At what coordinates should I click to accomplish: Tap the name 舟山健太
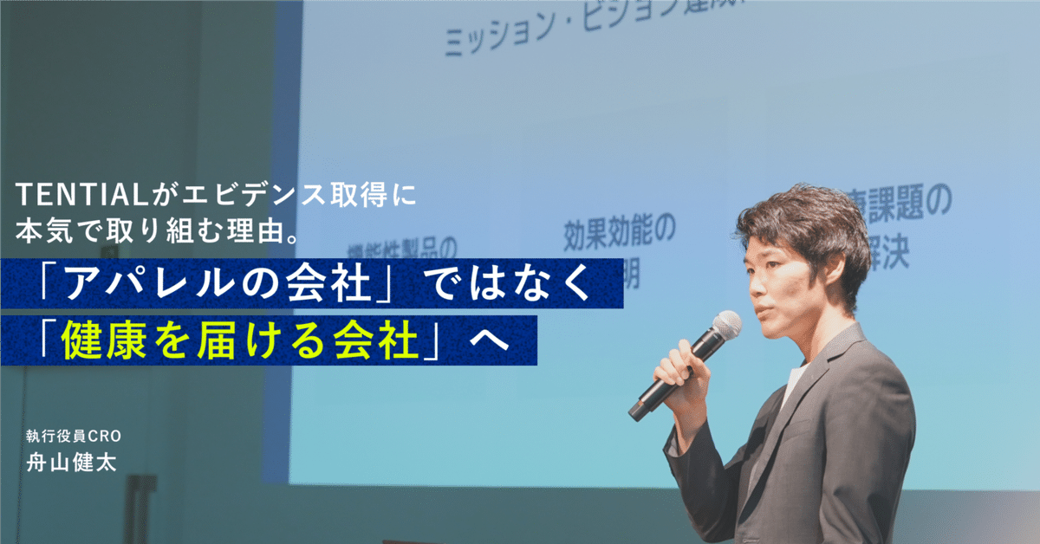(71, 461)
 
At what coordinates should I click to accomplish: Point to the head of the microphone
(725, 327)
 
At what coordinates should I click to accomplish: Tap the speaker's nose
(755, 280)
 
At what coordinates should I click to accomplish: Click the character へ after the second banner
(491, 340)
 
